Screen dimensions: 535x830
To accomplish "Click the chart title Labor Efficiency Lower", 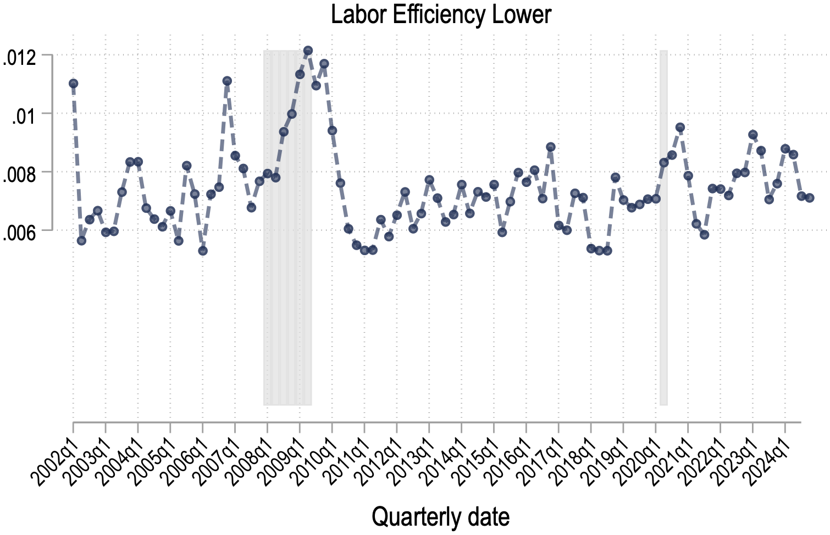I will (441, 15).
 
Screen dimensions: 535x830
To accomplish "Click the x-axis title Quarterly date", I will (440, 517).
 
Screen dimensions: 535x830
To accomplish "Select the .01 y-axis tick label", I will (24, 115).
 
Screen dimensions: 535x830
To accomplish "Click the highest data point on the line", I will (308, 51).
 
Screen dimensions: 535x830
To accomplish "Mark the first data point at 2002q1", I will (73, 84).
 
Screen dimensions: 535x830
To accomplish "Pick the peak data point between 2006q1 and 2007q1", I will (227, 81).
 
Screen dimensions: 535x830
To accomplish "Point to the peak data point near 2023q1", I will (753, 135).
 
